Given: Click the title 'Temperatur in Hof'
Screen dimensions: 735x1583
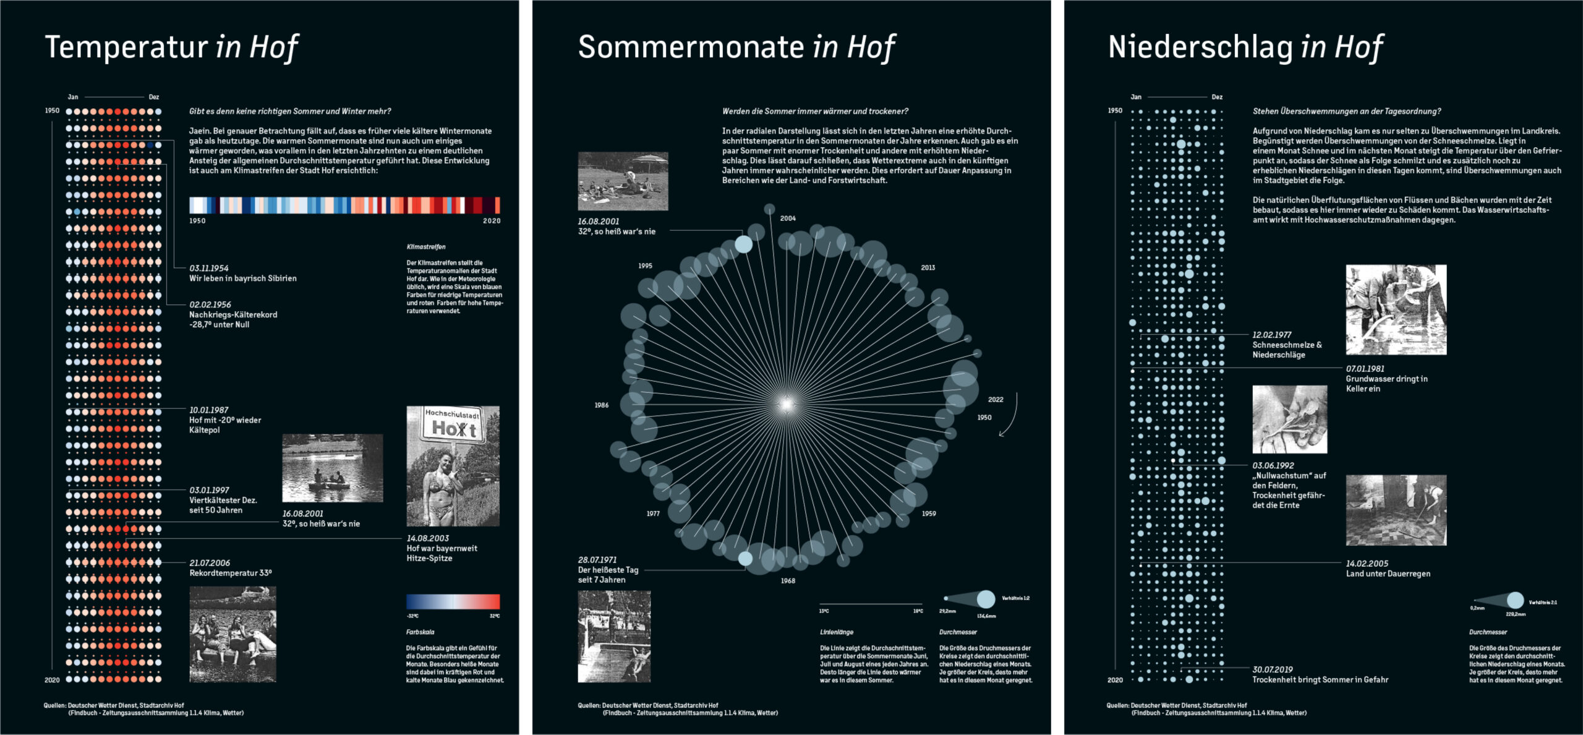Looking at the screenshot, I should coord(171,47).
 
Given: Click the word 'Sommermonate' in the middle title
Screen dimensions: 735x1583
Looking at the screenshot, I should coord(691,47).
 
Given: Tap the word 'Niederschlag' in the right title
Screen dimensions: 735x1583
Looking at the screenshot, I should coord(1200,47).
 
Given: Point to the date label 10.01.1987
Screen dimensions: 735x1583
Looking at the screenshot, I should coord(209,410).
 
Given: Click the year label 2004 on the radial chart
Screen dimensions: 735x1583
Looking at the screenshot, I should coord(788,218).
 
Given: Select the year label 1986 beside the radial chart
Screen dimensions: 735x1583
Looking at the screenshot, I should coord(602,405).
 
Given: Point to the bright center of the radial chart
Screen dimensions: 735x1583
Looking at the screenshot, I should coord(786,405).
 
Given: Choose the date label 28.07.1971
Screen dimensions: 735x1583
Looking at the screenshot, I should coord(597,560).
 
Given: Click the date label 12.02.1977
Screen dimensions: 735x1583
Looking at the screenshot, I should coord(1272,335).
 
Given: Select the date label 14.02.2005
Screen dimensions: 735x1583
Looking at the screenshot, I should coord(1367,564).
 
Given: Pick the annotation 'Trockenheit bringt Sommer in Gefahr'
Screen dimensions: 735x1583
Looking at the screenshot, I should coord(1320,679).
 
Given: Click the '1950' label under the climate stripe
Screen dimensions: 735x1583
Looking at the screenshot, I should coord(197,221).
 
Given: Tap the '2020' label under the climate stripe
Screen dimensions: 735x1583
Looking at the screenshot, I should coord(492,221).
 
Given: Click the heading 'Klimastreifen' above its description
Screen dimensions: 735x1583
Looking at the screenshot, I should coord(426,247).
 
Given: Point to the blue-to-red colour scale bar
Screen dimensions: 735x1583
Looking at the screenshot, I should coord(453,601).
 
